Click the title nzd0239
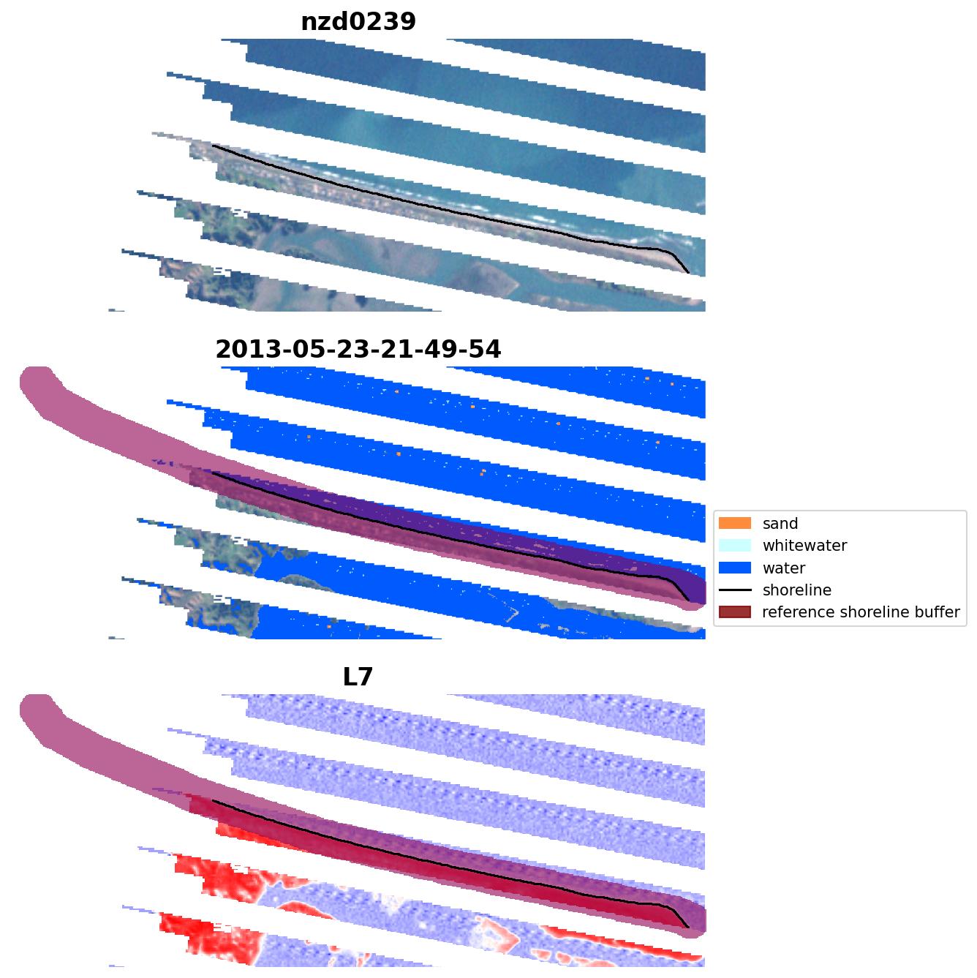(358, 22)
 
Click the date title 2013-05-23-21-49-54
(358, 350)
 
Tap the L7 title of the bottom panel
(358, 677)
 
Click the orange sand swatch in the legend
(735, 523)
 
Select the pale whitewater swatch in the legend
(735, 545)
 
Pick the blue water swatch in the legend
(735, 568)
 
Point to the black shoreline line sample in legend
(735, 590)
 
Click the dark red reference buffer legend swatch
(735, 612)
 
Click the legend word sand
(780, 524)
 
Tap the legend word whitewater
(804, 546)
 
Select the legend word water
(783, 568)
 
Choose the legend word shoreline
(796, 590)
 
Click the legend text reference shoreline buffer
(860, 612)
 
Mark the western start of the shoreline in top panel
(213, 146)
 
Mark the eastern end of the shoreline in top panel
(688, 273)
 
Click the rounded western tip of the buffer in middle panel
(29, 380)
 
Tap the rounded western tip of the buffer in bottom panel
(29, 708)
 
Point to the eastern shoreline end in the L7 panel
(688, 928)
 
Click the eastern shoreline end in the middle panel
(688, 601)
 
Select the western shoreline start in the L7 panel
(213, 800)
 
